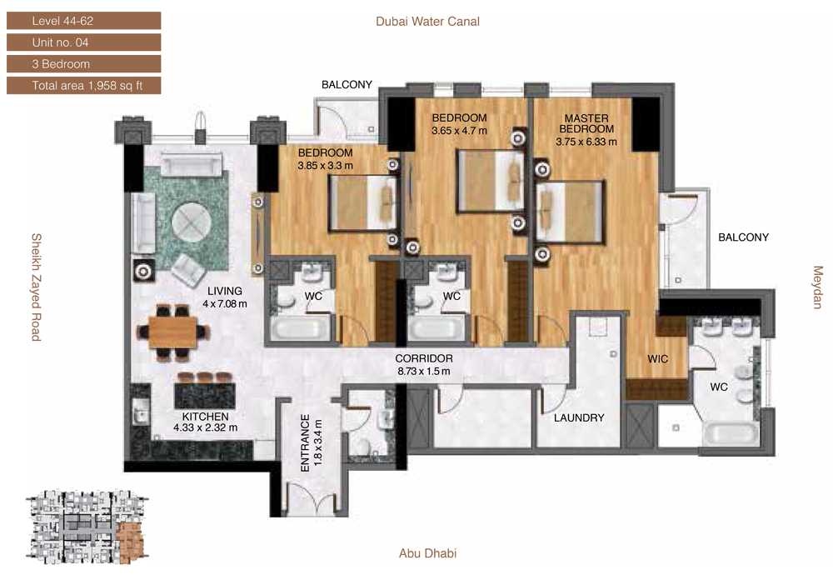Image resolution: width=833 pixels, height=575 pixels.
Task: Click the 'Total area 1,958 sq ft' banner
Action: tap(83, 86)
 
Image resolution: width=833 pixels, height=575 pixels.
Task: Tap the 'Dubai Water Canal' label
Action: tap(427, 22)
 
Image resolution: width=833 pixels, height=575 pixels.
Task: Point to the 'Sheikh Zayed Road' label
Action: tap(36, 287)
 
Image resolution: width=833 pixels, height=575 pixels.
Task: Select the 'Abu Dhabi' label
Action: tap(427, 553)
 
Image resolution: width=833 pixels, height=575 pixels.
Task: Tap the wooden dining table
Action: tap(173, 332)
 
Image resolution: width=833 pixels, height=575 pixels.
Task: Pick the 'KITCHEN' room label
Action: tap(205, 417)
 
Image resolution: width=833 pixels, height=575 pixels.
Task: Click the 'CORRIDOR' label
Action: tap(424, 358)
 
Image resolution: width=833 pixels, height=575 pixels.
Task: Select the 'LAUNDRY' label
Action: tap(579, 418)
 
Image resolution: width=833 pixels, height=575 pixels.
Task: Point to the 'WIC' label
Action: tap(658, 359)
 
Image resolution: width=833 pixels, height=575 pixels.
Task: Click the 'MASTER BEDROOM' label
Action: tap(586, 124)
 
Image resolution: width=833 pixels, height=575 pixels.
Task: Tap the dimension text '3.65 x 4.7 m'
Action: tap(459, 131)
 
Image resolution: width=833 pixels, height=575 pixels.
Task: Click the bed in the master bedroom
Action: tap(570, 212)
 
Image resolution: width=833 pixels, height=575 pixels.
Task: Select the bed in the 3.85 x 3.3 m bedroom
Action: tap(363, 203)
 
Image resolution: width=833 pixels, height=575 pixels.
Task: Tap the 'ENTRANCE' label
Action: tap(305, 443)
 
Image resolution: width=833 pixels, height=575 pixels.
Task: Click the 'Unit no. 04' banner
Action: tap(83, 42)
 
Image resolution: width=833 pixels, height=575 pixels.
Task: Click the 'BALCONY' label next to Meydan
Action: tap(743, 237)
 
